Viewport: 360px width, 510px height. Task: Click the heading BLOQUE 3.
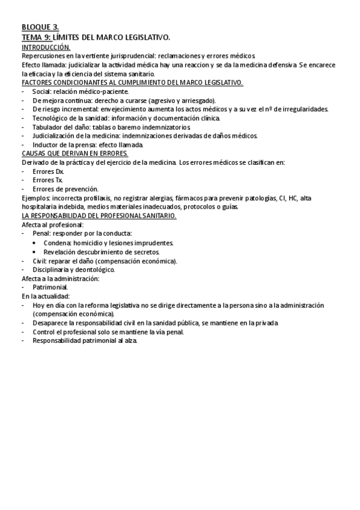coord(40,28)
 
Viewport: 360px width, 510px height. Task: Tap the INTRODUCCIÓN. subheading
coord(46,46)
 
